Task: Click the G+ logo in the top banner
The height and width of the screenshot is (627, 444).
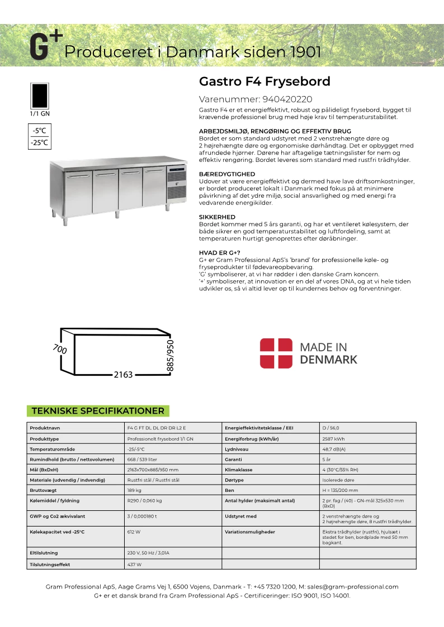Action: (45, 46)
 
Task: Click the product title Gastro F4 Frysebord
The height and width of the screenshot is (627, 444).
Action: (264, 82)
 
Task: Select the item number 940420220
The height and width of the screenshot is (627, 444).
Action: (287, 99)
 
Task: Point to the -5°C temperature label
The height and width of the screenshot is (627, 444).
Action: (39, 131)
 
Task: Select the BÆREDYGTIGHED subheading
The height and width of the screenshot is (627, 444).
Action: (227, 174)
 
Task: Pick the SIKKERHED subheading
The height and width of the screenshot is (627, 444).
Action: (217, 217)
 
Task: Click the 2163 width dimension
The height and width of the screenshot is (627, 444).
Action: (123, 375)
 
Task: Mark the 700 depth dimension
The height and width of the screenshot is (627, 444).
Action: (60, 350)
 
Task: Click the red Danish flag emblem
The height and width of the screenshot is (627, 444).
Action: (276, 353)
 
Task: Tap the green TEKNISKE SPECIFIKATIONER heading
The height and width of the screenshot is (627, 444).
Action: (98, 411)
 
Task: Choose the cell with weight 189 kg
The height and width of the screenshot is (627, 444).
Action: (134, 490)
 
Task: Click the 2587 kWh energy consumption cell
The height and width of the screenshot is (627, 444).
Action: (334, 438)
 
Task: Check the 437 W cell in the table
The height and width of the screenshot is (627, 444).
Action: (135, 564)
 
